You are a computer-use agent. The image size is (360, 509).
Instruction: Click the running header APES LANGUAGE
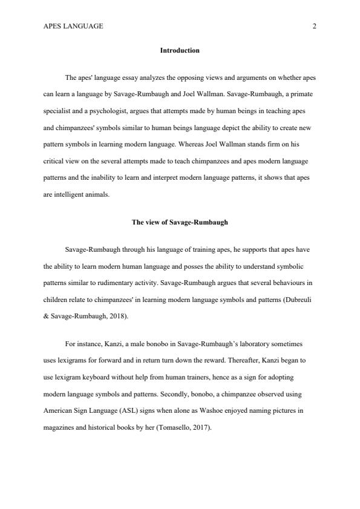click(73, 26)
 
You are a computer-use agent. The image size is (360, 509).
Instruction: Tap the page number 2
click(315, 26)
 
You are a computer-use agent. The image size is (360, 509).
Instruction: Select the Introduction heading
click(180, 50)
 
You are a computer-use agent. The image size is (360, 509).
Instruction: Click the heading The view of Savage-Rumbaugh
click(180, 222)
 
